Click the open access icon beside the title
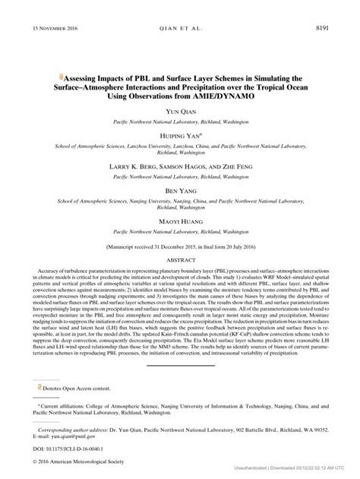[x=60, y=77]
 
